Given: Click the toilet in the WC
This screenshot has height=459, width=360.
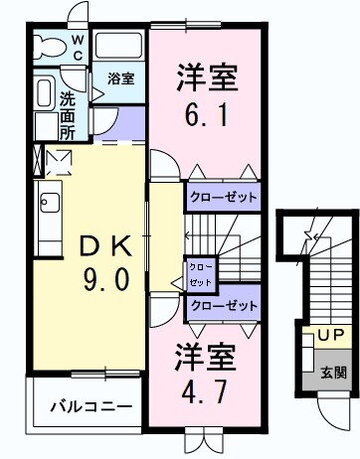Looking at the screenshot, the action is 48,46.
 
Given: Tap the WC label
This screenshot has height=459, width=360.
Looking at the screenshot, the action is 78,49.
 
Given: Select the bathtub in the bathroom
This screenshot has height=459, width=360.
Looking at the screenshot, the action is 119,45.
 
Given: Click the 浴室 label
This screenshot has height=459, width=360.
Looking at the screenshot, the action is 121,78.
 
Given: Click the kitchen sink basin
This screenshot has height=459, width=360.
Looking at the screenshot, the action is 50,203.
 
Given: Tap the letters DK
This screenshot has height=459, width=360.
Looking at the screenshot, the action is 106,246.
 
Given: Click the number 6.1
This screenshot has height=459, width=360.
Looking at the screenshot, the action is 207,115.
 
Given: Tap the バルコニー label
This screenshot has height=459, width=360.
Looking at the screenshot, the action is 91,406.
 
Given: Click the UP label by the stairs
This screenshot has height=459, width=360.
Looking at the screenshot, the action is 331,335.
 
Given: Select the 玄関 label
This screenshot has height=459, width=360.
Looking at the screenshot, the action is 333,373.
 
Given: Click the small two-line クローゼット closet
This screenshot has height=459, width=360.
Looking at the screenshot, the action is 200,275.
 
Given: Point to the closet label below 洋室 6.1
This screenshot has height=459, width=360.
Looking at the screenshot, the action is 223,198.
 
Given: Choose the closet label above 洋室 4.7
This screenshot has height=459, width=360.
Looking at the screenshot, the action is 224,305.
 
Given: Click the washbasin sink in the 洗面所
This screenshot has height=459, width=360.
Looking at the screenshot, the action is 46,92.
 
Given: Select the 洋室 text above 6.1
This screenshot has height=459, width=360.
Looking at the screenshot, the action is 208,77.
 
